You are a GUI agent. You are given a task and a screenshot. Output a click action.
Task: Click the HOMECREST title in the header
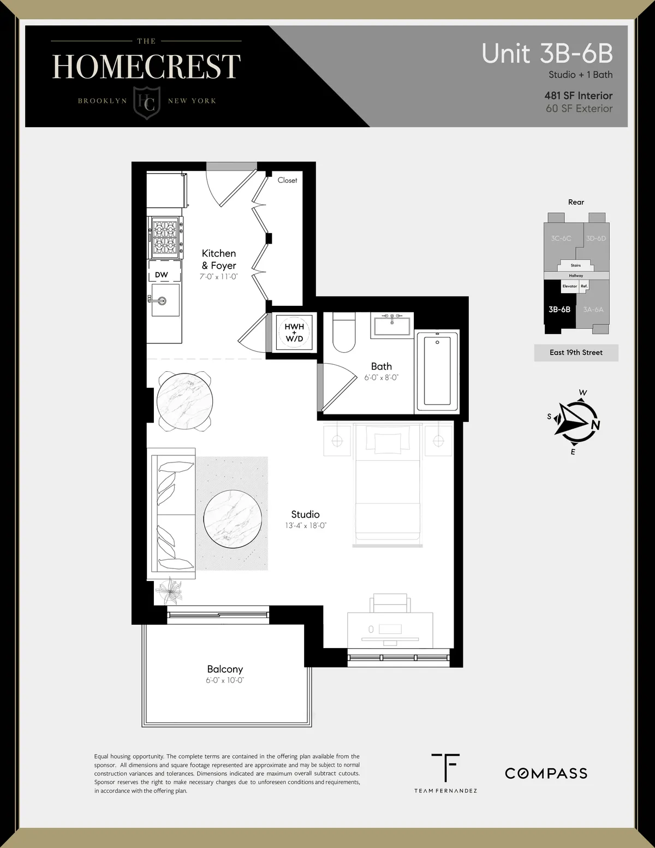point(146,67)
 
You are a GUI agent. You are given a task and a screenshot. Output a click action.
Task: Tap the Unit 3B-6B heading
point(547,54)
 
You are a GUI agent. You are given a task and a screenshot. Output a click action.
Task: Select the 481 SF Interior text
point(578,96)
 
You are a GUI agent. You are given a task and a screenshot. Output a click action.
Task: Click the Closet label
point(287,180)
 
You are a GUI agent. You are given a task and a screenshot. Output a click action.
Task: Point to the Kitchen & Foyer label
point(219,259)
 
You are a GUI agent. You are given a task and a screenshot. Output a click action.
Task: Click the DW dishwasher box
point(162,275)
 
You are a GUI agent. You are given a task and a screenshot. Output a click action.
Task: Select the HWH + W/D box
point(294,333)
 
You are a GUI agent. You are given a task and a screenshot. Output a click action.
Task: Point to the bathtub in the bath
point(438,371)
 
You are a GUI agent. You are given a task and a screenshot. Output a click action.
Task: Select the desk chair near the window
point(390,605)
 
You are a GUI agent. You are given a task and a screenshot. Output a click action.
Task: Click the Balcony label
point(225,669)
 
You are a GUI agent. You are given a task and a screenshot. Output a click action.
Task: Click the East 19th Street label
point(576,353)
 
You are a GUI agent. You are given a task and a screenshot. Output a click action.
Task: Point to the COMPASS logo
point(546,773)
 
